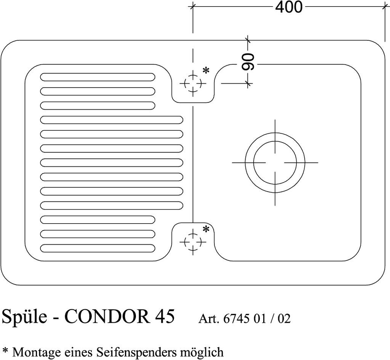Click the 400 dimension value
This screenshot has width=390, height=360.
tap(288, 7)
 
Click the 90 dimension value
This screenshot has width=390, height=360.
tap(248, 62)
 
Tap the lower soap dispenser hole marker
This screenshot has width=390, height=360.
tap(193, 242)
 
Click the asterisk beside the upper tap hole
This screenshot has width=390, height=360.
tap(206, 71)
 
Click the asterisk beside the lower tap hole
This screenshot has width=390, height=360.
tap(206, 229)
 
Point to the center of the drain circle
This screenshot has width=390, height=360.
tap(275, 162)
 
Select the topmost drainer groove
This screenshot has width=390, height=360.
tap(97, 77)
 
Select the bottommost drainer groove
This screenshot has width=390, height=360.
tap(97, 248)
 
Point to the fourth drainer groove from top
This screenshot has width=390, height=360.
tap(111, 120)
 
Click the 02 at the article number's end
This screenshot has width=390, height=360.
tap(284, 318)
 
